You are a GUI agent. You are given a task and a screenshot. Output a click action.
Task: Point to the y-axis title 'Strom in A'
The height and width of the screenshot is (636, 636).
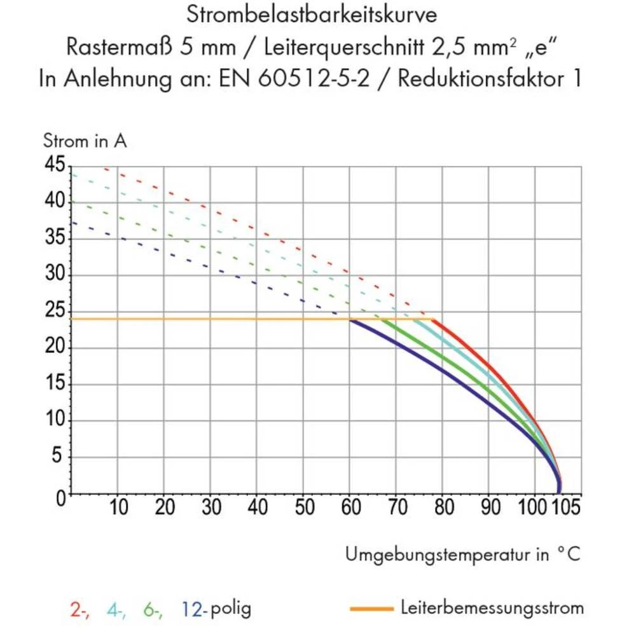(x=85, y=141)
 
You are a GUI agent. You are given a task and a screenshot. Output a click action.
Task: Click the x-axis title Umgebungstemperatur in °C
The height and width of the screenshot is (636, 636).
(x=463, y=554)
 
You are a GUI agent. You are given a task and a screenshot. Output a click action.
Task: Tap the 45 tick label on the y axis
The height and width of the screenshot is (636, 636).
(x=55, y=165)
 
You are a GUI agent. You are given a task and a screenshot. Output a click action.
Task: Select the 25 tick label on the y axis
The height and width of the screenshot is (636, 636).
(x=55, y=312)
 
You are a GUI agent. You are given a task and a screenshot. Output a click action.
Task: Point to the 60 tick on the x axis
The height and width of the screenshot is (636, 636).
(x=350, y=508)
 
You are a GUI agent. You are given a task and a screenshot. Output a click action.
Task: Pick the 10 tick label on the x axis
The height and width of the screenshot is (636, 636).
(x=118, y=508)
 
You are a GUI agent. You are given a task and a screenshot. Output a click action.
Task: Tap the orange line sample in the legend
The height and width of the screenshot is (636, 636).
(x=371, y=609)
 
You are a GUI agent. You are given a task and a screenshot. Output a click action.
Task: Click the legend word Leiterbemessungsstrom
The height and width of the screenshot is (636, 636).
(x=492, y=608)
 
